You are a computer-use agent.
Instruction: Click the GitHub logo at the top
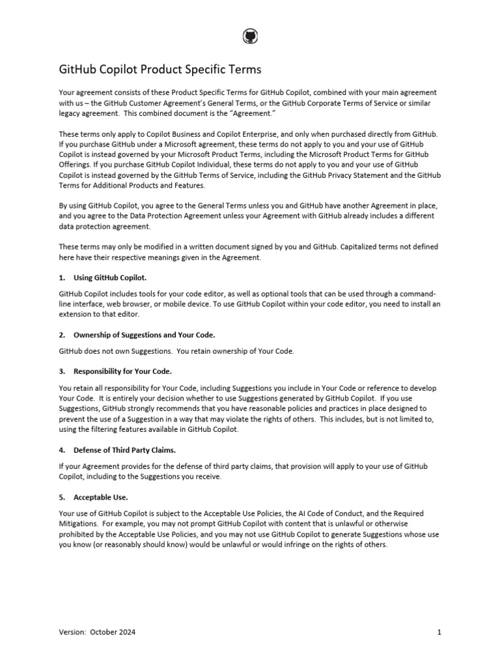tap(250, 37)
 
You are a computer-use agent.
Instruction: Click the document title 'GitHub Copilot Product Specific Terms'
tap(160, 69)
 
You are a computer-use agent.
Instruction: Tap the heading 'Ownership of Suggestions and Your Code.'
tap(145, 335)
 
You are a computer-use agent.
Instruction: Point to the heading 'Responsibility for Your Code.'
tap(123, 371)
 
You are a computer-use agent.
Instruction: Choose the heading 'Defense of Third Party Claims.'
tap(126, 450)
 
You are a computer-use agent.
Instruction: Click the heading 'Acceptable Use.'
tap(101, 497)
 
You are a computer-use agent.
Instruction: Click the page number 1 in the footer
tap(439, 632)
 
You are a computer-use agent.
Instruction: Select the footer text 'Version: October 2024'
tap(98, 632)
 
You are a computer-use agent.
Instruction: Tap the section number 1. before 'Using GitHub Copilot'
tap(62, 277)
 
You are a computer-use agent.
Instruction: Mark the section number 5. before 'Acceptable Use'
tap(62, 497)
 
